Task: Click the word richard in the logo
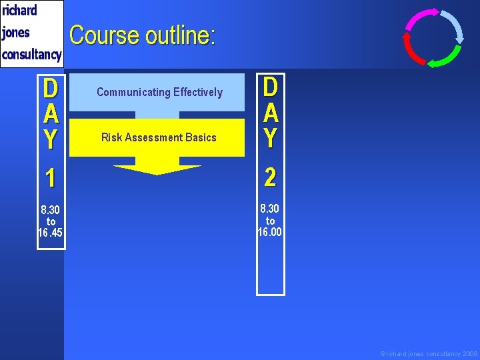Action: point(20,11)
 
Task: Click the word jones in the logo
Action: point(17,32)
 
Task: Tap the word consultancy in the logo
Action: point(32,54)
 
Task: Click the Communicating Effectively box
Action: point(159,92)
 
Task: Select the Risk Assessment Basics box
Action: point(159,137)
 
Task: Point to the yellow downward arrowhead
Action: point(157,169)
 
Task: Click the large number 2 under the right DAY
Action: point(270,177)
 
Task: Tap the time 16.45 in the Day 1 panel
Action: point(51,233)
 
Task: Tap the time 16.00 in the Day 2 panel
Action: point(270,232)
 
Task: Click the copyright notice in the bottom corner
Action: point(429,353)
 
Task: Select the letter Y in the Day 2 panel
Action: point(270,138)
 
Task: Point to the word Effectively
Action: point(198,92)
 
